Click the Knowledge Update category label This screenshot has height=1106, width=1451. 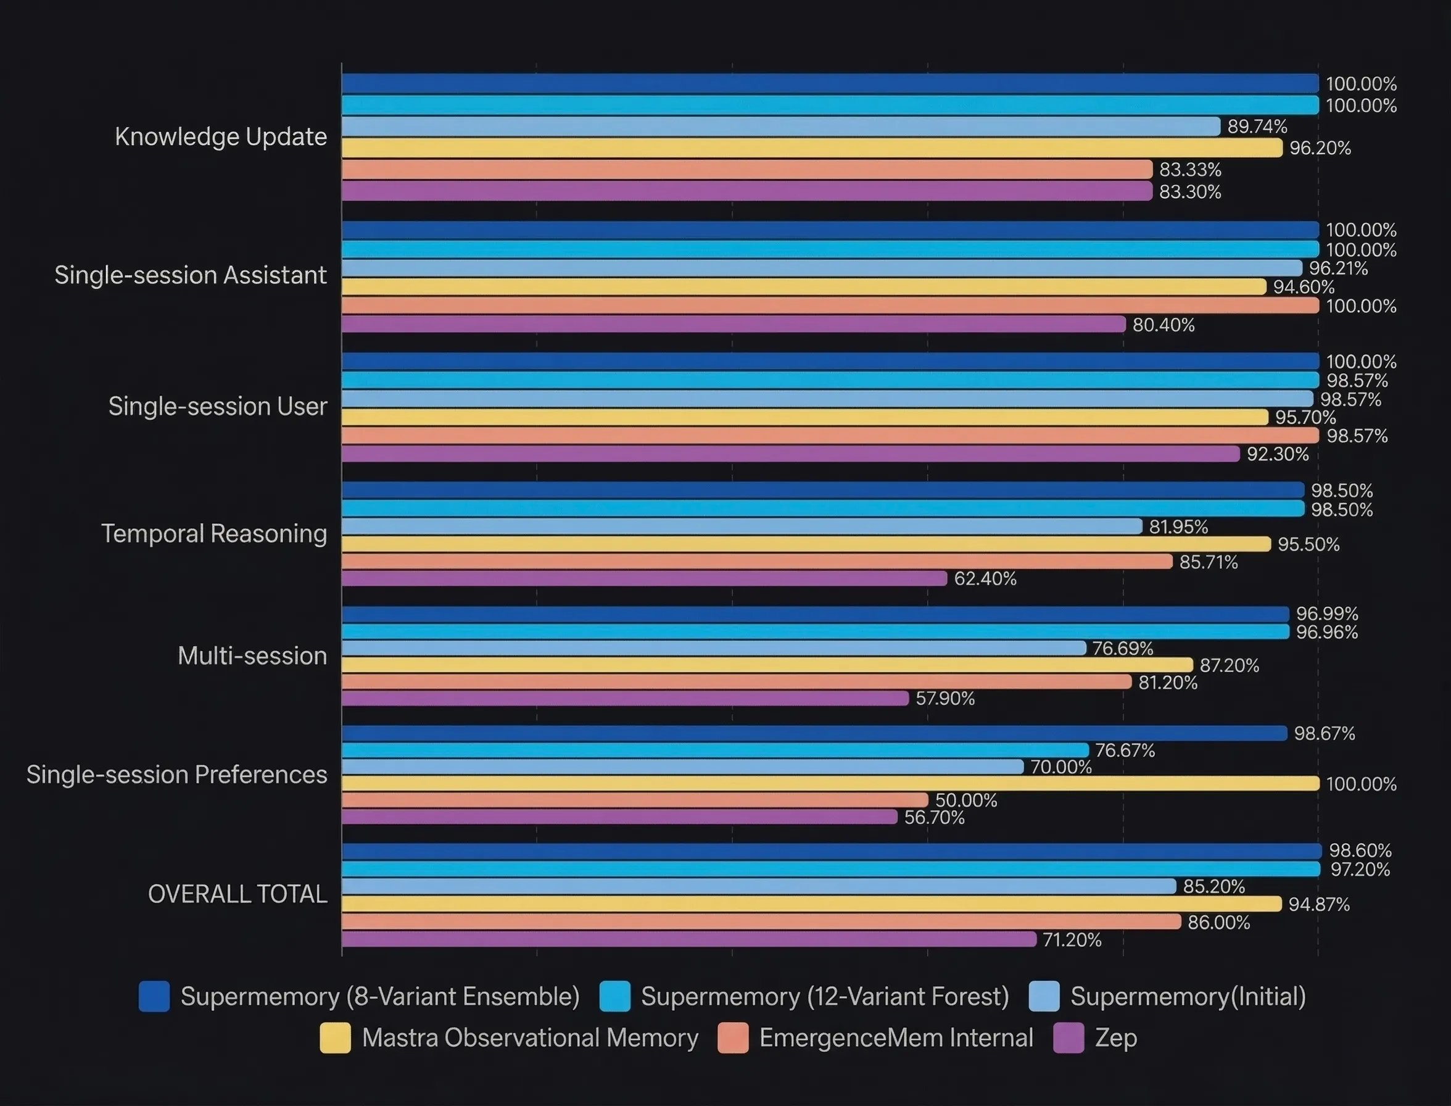(x=220, y=136)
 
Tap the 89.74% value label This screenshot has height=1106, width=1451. (x=1257, y=126)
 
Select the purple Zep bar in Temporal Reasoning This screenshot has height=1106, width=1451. (x=643, y=579)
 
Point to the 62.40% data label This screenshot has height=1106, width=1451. (x=985, y=579)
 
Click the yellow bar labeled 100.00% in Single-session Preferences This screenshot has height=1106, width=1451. (x=830, y=783)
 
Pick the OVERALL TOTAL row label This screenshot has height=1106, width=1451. (x=238, y=894)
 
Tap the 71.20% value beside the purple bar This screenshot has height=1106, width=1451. (x=1072, y=939)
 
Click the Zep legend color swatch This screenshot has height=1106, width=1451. (x=1069, y=1038)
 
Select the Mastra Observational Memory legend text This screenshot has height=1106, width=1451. (x=530, y=1037)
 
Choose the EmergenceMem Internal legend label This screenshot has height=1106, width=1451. (x=896, y=1037)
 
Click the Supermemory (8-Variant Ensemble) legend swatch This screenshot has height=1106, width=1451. (x=154, y=996)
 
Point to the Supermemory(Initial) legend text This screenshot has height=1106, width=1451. (x=1188, y=996)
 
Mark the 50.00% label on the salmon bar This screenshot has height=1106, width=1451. (x=966, y=800)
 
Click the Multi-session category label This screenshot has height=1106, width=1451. (x=252, y=655)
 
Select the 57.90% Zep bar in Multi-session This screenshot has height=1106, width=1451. (x=625, y=699)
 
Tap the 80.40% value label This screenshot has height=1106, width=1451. (x=1164, y=325)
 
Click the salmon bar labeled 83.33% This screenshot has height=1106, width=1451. (x=747, y=169)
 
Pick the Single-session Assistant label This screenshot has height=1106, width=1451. (x=190, y=275)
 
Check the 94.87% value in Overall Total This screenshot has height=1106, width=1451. (x=1319, y=904)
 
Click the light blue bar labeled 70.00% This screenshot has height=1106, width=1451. (x=682, y=767)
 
